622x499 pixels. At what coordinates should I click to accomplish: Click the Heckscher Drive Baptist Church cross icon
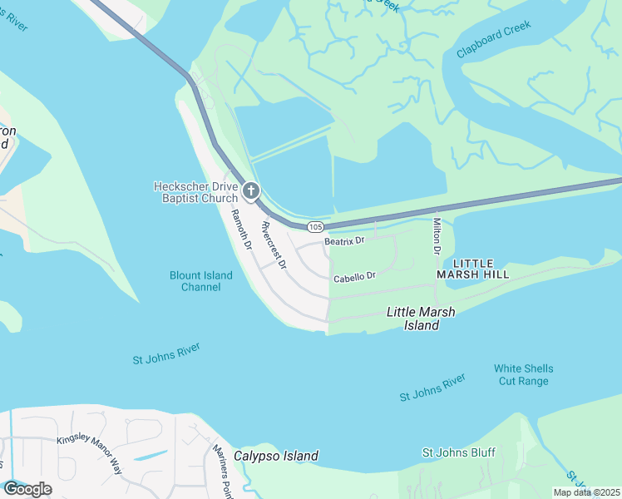250,193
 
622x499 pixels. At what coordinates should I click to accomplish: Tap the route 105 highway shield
314,226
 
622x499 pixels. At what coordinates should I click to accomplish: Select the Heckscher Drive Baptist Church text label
196,193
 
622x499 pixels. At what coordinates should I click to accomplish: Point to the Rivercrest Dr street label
274,245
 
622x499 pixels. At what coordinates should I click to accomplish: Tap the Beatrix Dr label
344,241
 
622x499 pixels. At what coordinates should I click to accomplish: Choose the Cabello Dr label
355,276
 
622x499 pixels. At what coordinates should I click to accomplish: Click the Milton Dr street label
436,236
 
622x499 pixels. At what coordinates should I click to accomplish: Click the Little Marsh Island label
423,319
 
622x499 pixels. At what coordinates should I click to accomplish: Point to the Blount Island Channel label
195,281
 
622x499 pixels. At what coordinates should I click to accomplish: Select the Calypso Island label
275,456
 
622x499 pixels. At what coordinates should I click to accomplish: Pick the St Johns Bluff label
458,452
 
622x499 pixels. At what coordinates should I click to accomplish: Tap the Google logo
27,489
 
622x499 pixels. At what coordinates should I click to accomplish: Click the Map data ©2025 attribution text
585,492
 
